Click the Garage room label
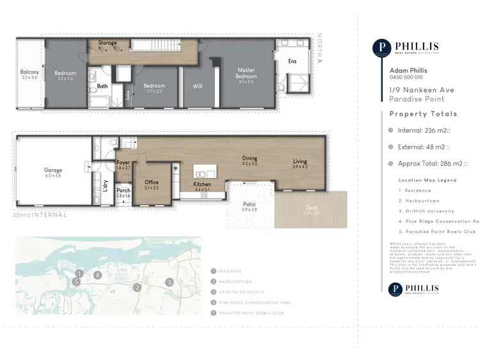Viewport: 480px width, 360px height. point(52,170)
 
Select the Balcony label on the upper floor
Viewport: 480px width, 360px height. point(29,72)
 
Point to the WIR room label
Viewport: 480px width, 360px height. point(197,86)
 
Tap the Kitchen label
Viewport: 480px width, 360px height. point(202,184)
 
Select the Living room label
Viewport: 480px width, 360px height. point(300,161)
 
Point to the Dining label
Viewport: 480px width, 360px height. point(249,158)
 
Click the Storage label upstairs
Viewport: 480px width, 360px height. point(108,43)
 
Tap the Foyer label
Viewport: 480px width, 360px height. point(124,163)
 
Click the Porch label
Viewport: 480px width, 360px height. point(124,190)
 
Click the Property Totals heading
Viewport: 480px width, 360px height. point(424,114)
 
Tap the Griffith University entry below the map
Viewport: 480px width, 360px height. point(240,292)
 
